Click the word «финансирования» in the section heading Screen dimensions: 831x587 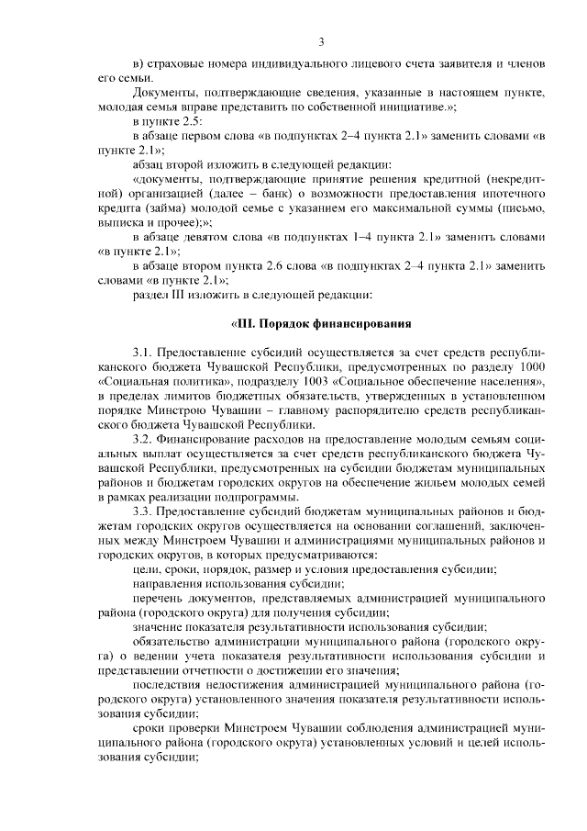[x=362, y=323]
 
